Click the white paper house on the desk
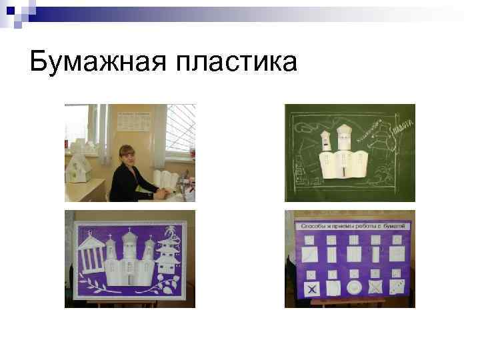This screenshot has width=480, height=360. pos(79,164)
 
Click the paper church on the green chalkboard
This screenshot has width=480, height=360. pos(343,157)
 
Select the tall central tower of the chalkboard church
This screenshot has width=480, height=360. pos(344,137)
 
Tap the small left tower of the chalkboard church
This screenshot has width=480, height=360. pos(326,141)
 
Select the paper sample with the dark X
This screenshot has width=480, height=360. pos(311,288)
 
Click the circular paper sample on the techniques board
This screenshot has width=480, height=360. pos(354,287)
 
